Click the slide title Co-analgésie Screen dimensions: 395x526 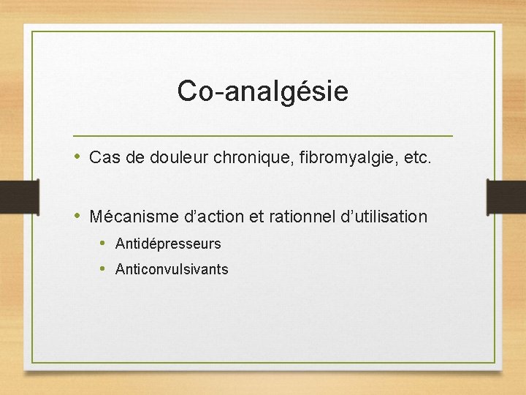[x=262, y=91]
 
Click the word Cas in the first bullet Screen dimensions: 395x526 [x=103, y=157]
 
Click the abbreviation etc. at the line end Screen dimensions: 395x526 [x=416, y=157]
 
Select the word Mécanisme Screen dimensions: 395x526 [x=130, y=217]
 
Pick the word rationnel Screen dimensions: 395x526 [x=300, y=217]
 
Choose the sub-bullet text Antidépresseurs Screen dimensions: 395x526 [x=168, y=244]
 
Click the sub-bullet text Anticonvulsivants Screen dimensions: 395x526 [x=172, y=269]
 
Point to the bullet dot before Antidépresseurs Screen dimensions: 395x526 [x=103, y=243]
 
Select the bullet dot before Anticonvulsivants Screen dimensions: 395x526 [x=103, y=268]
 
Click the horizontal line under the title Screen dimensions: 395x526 [x=262, y=136]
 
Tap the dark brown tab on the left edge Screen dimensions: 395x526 [x=18, y=198]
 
